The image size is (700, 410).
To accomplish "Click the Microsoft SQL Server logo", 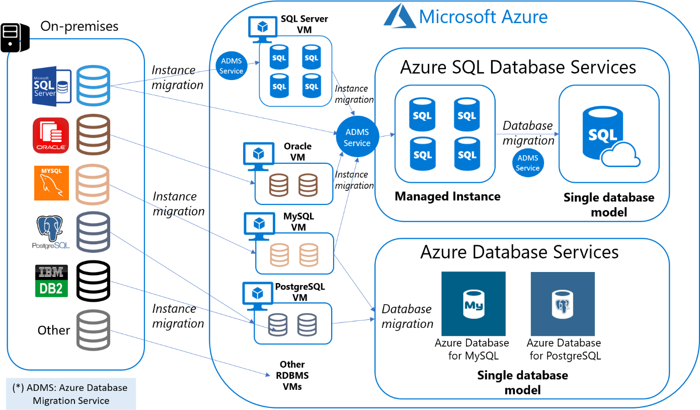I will pyautogui.click(x=52, y=86).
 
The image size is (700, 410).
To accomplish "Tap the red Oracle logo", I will pyautogui.click(x=51, y=135).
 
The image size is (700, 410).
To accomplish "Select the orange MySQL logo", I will pyautogui.click(x=52, y=183).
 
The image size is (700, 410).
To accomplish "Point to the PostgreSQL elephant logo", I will pyautogui.click(x=50, y=231).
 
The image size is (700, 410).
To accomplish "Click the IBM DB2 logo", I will pyautogui.click(x=51, y=281).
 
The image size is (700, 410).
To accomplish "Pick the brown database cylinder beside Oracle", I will pyautogui.click(x=93, y=135).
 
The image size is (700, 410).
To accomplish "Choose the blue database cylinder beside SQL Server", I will pyautogui.click(x=93, y=86).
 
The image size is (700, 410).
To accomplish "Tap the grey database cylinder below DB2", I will pyautogui.click(x=93, y=330).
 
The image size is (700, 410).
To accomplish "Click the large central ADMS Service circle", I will pyautogui.click(x=357, y=138).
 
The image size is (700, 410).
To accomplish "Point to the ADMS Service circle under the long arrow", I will pyautogui.click(x=528, y=163).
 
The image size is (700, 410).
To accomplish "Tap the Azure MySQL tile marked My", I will pyautogui.click(x=474, y=304).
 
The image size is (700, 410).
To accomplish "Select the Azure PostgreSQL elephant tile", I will pyautogui.click(x=563, y=304).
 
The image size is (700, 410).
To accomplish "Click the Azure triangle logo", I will pyautogui.click(x=399, y=17).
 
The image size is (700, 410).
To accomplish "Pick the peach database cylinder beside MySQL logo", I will pyautogui.click(x=92, y=185).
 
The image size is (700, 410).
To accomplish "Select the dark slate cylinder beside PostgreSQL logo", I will pyautogui.click(x=93, y=232).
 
